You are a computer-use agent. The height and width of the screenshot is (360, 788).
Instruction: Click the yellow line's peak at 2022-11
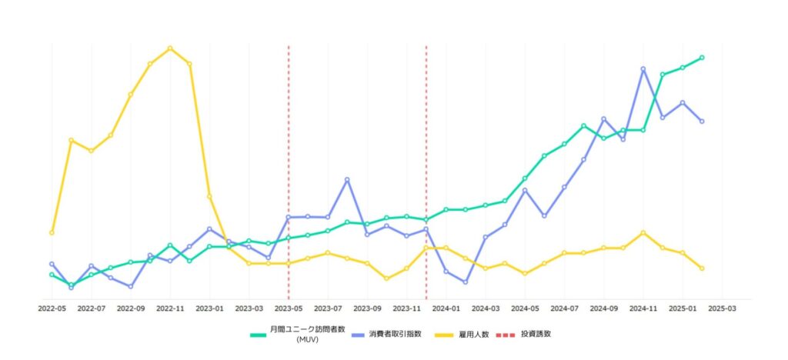click(x=170, y=48)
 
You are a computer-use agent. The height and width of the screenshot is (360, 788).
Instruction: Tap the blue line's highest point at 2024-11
click(x=643, y=69)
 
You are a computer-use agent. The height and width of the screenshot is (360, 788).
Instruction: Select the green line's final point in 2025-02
click(x=703, y=58)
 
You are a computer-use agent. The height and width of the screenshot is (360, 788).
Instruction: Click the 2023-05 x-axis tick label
click(x=289, y=308)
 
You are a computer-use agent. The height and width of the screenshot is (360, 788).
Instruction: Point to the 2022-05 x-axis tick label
click(x=52, y=308)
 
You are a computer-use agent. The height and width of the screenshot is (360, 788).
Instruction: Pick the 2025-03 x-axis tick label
click(x=722, y=308)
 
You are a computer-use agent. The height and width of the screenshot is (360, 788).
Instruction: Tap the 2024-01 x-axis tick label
click(x=446, y=308)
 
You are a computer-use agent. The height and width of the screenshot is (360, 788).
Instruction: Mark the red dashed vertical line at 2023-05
click(x=289, y=154)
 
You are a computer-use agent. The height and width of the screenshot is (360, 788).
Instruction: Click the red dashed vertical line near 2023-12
click(x=426, y=154)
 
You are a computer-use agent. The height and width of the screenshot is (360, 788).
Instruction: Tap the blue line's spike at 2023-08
click(x=347, y=179)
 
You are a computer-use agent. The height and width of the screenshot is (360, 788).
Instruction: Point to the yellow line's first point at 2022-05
click(x=52, y=232)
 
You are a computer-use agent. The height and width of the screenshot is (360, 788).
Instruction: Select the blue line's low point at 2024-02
click(x=466, y=282)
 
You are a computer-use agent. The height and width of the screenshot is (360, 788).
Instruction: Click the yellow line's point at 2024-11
click(x=643, y=232)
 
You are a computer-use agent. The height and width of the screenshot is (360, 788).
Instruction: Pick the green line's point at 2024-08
click(x=584, y=125)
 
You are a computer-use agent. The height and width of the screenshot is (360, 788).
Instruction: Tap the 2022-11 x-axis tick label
click(x=170, y=308)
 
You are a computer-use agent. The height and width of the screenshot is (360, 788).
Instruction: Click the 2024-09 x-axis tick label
click(x=604, y=308)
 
